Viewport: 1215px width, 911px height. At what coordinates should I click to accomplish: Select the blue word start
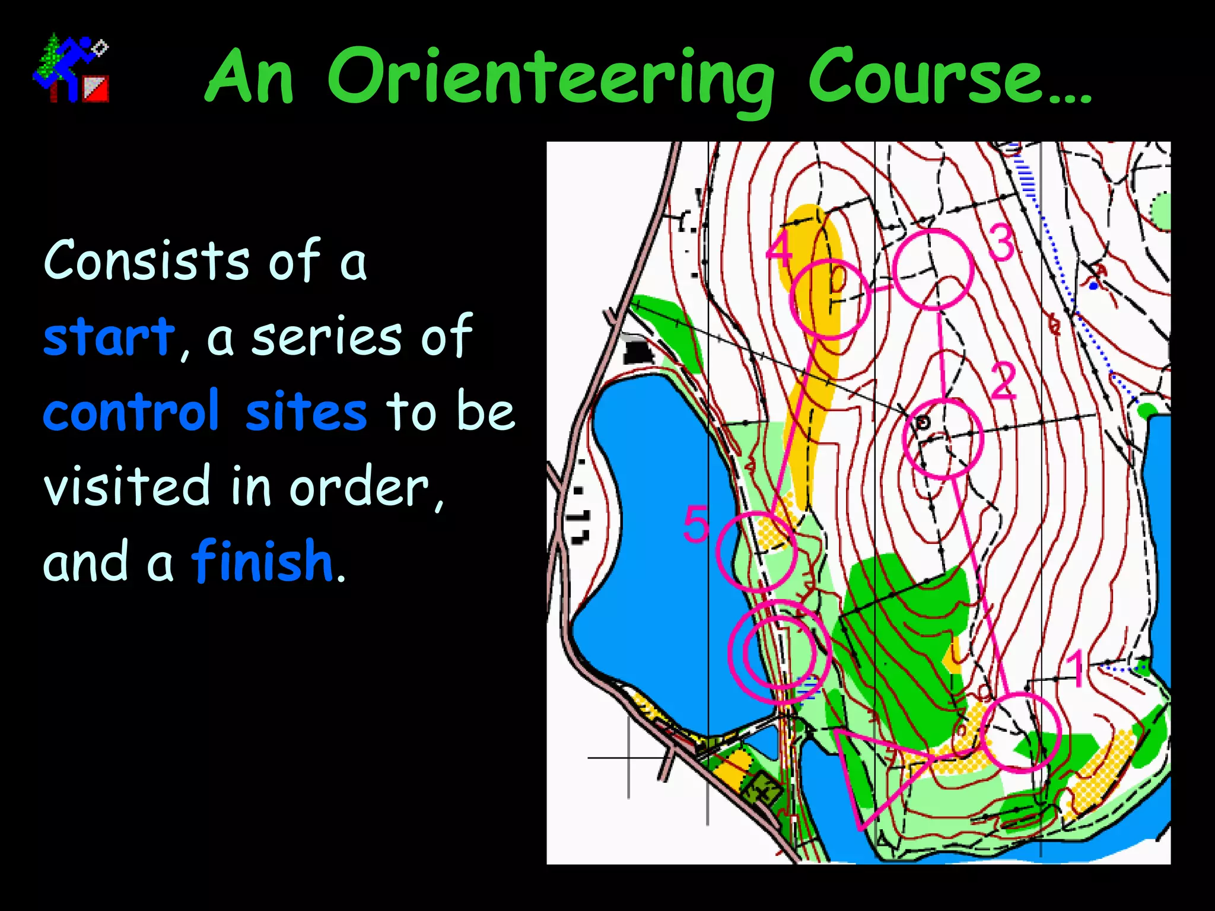coord(109,337)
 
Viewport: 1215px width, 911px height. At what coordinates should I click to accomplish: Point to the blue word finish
coord(262,561)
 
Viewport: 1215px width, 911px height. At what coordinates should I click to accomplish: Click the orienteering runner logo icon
coord(71,68)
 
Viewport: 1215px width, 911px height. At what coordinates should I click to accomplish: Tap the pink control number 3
coord(1002,243)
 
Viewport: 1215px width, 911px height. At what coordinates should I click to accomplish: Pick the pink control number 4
coord(778,249)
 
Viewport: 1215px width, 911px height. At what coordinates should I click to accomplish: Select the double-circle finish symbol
coord(779,651)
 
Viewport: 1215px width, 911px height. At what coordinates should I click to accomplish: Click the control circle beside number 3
coord(933,270)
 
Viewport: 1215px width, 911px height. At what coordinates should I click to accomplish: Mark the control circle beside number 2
coord(943,438)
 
